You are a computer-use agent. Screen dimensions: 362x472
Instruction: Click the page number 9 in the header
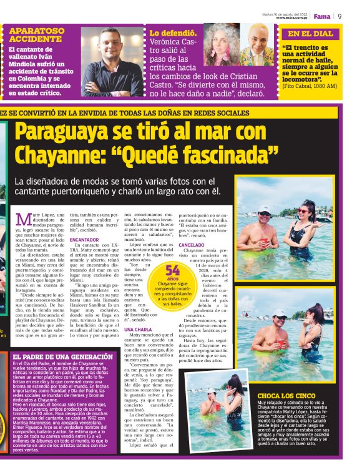339,16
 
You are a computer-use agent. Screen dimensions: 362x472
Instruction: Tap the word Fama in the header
322,16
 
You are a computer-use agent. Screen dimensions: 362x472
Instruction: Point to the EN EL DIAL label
310,34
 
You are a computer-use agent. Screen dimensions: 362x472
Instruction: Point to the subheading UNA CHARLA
138,329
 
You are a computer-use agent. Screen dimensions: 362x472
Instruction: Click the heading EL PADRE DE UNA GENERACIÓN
54,356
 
